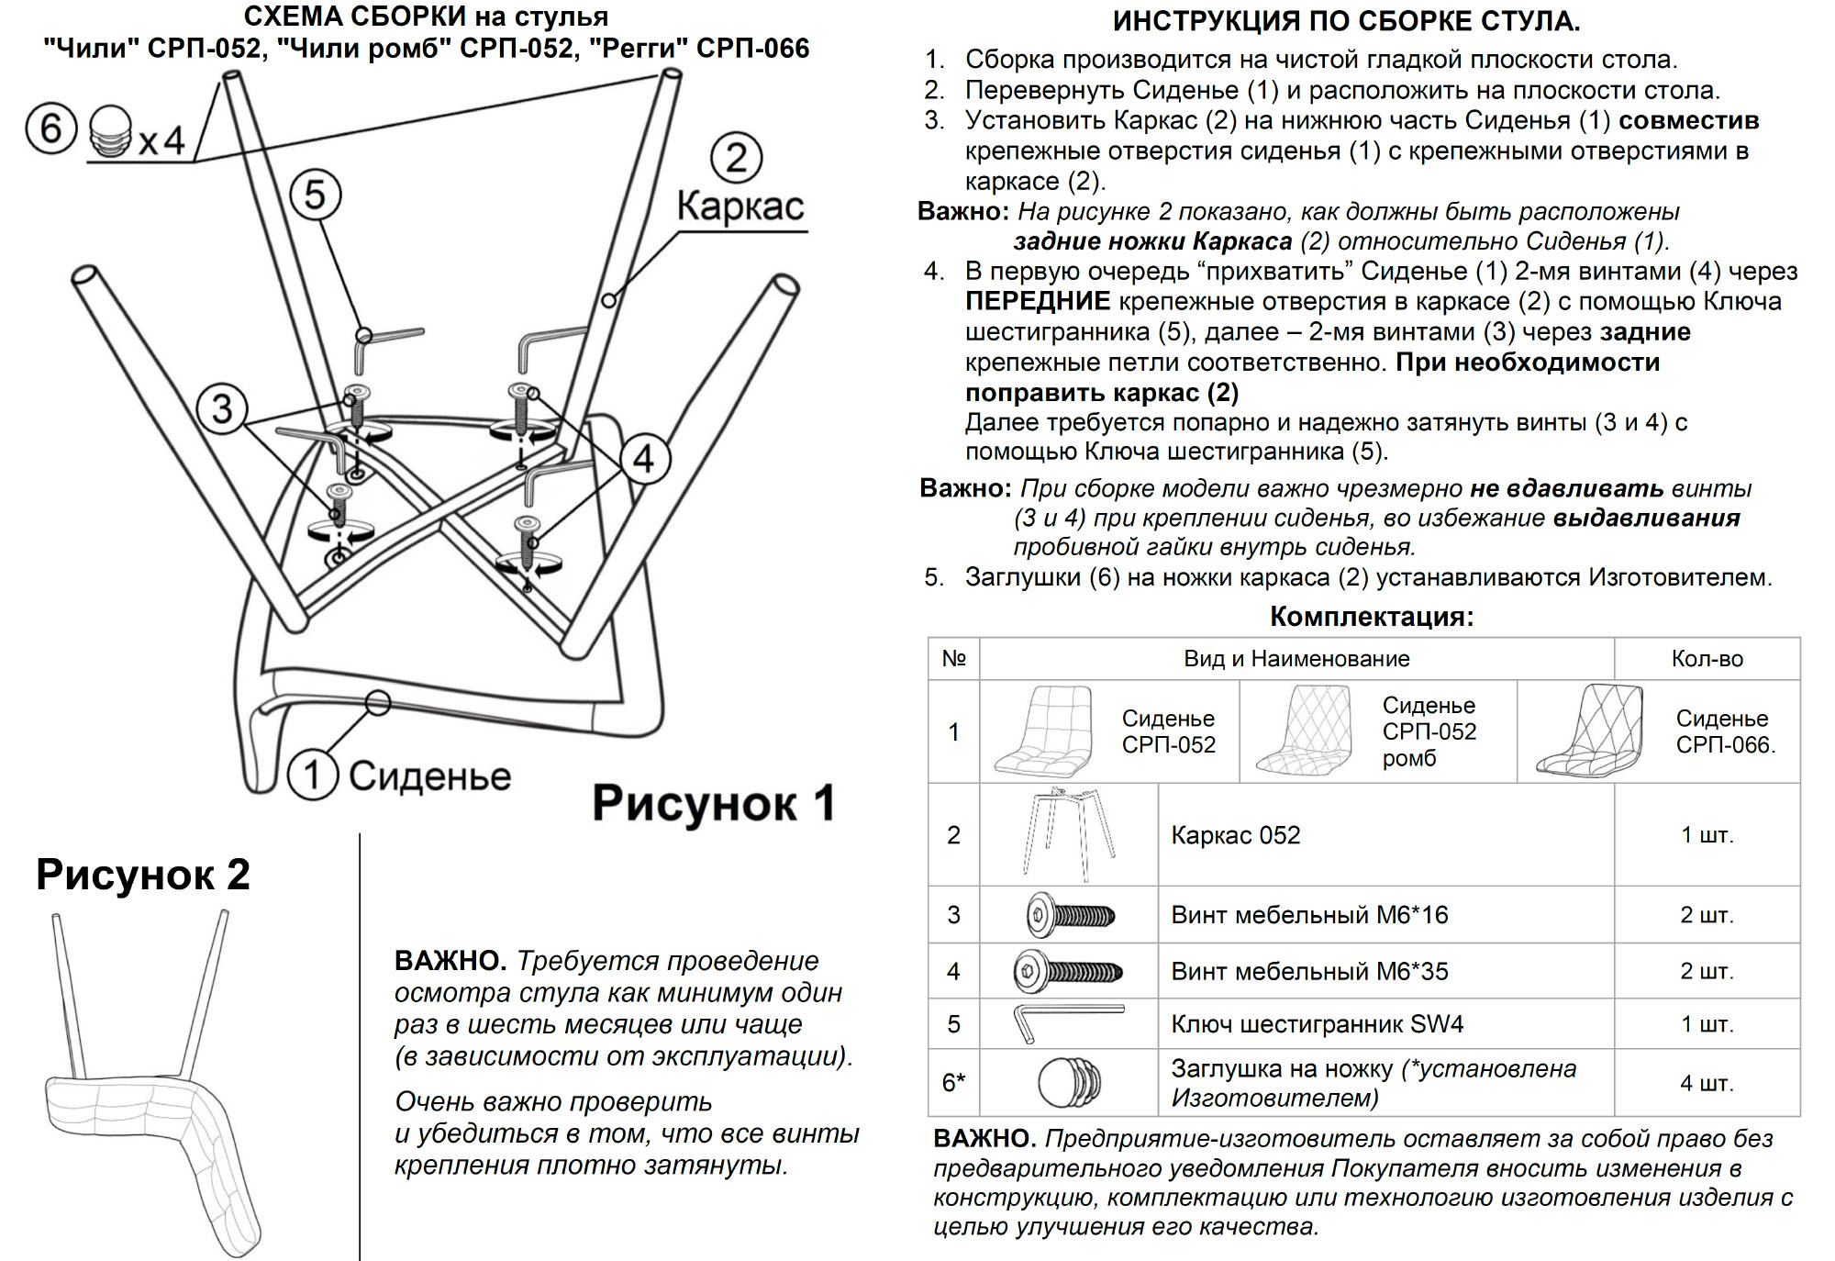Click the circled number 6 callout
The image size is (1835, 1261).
coord(50,128)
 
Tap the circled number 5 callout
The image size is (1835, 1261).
coord(315,195)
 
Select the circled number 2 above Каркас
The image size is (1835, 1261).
coord(736,158)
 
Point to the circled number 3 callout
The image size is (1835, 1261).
coord(222,408)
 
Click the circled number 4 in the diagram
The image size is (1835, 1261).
coord(645,458)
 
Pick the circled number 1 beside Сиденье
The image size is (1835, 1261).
coord(312,776)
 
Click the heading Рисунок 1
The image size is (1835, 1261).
coord(713,803)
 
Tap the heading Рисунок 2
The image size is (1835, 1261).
coord(143,875)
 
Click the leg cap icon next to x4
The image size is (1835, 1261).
coord(111,132)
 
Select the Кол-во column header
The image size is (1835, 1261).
coord(1707,659)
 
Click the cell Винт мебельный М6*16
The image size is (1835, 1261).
coord(1309,915)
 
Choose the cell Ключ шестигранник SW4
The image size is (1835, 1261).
coord(1317,1024)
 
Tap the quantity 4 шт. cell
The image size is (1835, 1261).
coord(1707,1083)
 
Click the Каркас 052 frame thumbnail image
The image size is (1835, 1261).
coord(1069,834)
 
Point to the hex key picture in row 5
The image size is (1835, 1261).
coord(1067,1023)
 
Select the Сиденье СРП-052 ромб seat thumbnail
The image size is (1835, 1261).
coord(1305,731)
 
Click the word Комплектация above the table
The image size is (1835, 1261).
coord(1371,617)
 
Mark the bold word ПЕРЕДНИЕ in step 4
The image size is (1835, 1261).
coord(1037,301)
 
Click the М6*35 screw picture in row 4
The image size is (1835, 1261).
coord(1068,971)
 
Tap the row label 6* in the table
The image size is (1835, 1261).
coord(953,1083)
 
